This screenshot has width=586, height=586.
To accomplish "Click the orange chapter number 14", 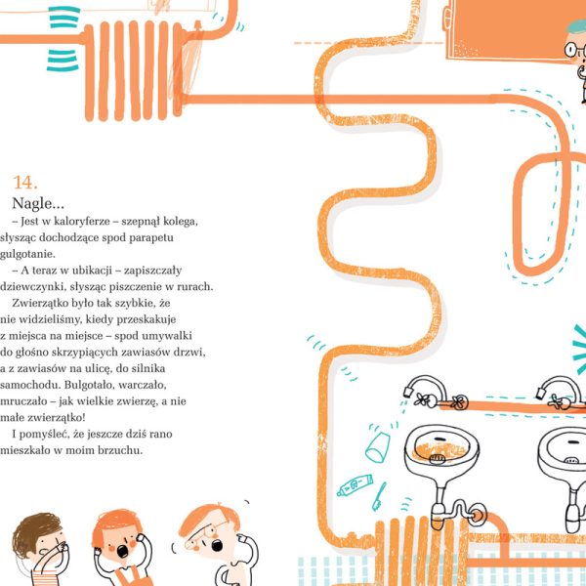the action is coord(25,183).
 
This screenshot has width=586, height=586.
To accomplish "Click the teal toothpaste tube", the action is coord(355,484).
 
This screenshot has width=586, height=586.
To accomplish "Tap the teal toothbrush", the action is coord(379,497).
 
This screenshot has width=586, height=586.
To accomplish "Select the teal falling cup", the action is coord(377,447).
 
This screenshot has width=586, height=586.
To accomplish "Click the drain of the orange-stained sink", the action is coord(437,459).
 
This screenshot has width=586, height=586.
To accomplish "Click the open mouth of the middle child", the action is coord(122,551).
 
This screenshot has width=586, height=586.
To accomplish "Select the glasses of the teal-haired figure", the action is coord(574,50).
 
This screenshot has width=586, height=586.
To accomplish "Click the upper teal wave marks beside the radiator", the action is coord(64,18).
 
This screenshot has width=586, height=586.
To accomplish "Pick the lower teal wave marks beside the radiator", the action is coord(63,60).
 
